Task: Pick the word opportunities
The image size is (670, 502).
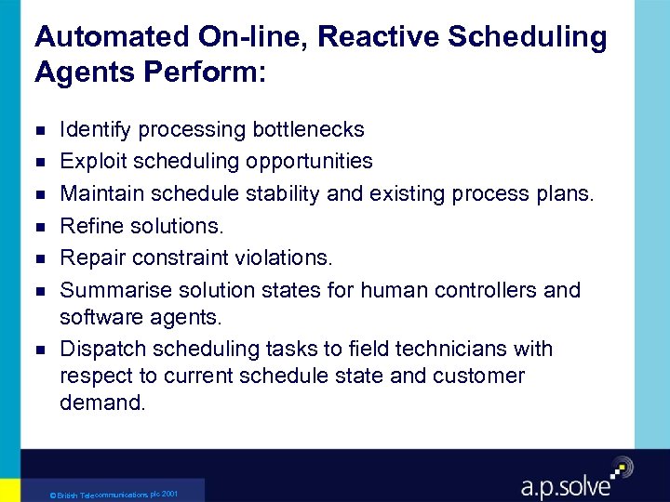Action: (310, 161)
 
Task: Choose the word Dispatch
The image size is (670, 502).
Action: (100, 350)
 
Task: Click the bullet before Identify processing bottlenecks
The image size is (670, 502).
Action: (39, 130)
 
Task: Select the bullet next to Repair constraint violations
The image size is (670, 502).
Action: (39, 258)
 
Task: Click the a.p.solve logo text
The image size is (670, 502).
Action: (565, 485)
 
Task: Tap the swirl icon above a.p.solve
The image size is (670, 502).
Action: (620, 467)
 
